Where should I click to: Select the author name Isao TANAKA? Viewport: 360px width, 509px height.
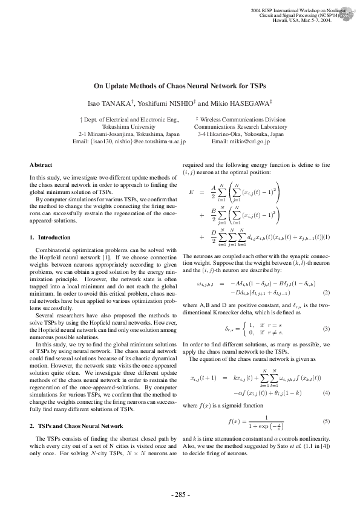pos(110,103)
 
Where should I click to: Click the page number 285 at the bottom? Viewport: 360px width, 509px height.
pos(180,494)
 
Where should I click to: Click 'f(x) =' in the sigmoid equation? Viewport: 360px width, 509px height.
pos(236,420)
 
